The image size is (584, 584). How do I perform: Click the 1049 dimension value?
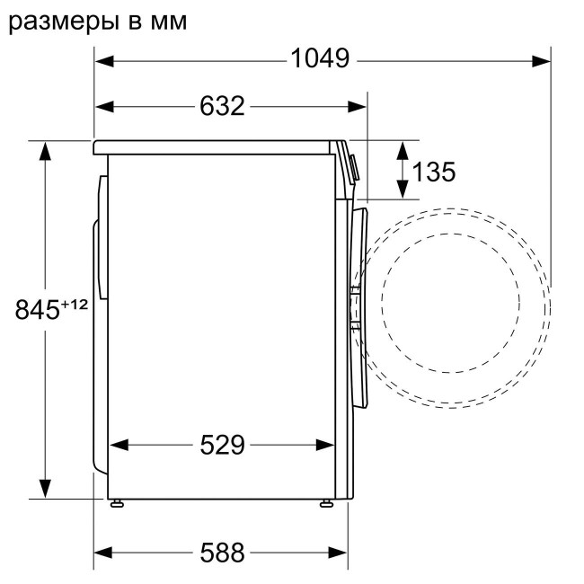click(319, 60)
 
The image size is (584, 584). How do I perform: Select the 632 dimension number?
click(221, 107)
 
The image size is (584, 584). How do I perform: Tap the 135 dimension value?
click(435, 171)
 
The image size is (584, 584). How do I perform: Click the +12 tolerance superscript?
click(74, 305)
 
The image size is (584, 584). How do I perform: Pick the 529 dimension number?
click(221, 445)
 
